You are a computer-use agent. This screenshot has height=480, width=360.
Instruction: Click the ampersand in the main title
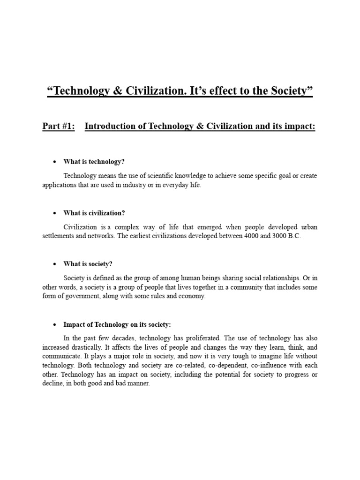(116, 91)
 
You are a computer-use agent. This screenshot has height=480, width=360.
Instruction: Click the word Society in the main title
(286, 91)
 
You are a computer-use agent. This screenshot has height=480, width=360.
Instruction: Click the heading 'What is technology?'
(94, 162)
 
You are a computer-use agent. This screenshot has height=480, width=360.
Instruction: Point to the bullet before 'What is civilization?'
(54, 213)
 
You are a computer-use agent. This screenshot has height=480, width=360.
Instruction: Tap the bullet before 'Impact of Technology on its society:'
(54, 324)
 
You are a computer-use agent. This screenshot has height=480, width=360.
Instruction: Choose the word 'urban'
(308, 227)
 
